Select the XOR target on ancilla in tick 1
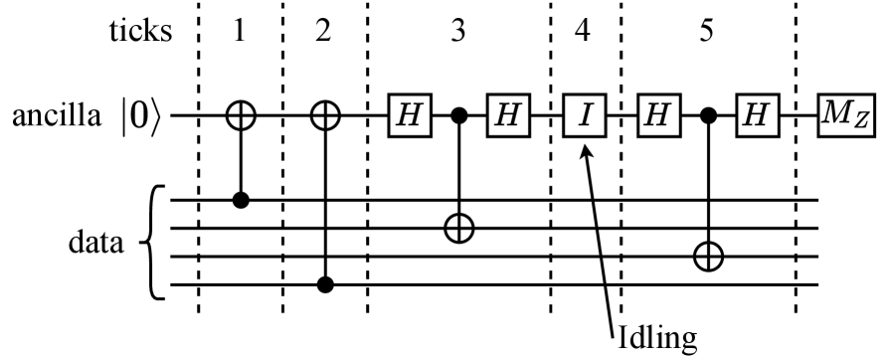point(240,115)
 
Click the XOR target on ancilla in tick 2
point(324,115)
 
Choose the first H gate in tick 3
point(408,116)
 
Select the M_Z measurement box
point(847,116)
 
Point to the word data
point(97,242)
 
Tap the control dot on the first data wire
point(240,200)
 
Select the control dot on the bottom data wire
point(324,285)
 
